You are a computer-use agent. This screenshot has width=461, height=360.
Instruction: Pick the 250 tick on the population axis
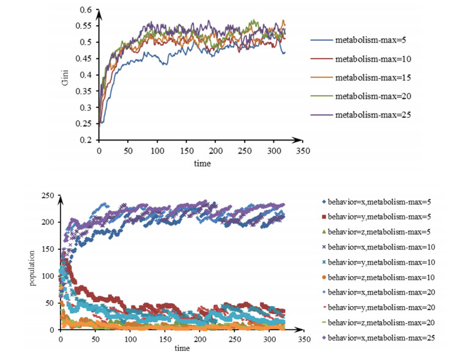point(47,196)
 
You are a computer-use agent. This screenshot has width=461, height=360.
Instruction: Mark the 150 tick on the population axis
point(47,249)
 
